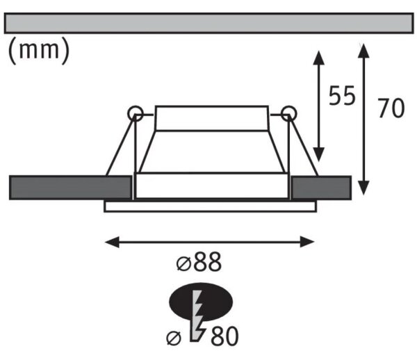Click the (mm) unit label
pos(39,51)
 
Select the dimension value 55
pos(342,95)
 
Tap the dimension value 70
pos(391,108)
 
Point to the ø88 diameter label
pos(199,262)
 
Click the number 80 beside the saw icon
pos(224,336)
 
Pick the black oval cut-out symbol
pos(201,302)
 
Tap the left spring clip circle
pos(136,113)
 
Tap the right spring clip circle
pos(289,113)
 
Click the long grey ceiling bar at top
pos(208,23)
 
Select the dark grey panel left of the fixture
pos(70,188)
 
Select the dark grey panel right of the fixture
pos(321,188)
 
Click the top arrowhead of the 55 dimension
pos(318,58)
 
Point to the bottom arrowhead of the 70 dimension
pos(363,188)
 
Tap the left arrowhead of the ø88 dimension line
pos(112,242)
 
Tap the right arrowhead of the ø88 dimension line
pos(307,242)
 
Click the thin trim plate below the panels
pos(210,207)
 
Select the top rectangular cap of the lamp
pos(212,118)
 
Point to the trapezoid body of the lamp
pos(212,152)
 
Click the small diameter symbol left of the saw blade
pos(174,338)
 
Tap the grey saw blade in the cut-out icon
pos(197,316)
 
